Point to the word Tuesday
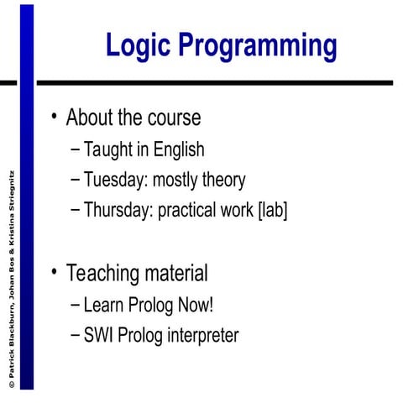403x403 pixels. coord(113,180)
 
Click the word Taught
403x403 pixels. coord(108,150)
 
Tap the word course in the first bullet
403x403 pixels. coord(174,118)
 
